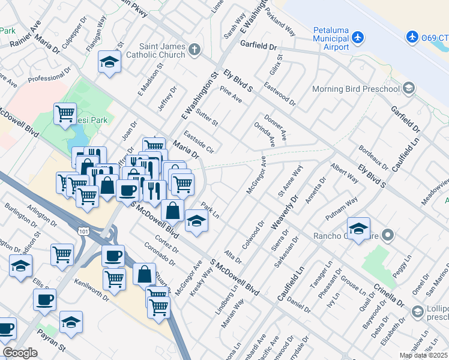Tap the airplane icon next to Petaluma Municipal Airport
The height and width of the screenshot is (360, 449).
point(358,37)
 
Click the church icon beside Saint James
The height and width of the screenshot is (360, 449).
point(194,50)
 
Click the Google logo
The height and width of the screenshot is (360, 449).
point(20,353)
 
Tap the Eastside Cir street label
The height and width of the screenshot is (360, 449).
point(199,142)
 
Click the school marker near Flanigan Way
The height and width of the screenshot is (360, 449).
point(109,62)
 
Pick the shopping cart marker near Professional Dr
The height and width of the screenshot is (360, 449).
point(65,113)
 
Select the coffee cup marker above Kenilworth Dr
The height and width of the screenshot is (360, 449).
point(113,255)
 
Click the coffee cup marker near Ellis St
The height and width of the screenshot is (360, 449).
point(45,299)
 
